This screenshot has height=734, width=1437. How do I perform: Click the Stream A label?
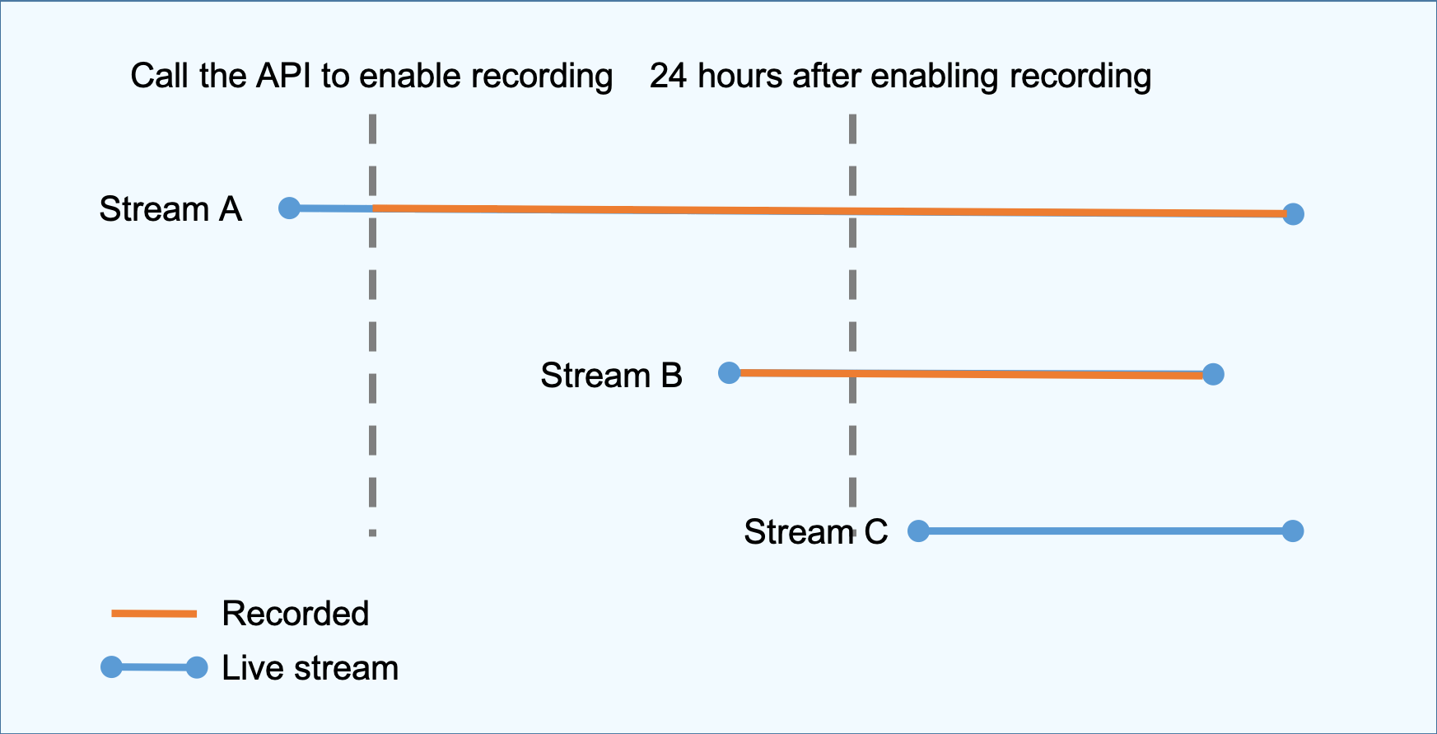(x=170, y=209)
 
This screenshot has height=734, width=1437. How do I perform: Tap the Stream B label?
(x=612, y=376)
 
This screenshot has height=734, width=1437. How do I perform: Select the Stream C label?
(x=816, y=532)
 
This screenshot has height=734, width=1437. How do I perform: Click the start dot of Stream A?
(x=289, y=208)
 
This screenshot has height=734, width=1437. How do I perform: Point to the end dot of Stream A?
(x=1294, y=214)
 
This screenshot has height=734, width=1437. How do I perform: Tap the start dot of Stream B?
(x=730, y=373)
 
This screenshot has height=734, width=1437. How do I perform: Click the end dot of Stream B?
(x=1213, y=375)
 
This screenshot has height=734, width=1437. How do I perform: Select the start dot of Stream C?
(x=918, y=531)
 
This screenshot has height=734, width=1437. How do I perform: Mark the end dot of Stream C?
(x=1294, y=531)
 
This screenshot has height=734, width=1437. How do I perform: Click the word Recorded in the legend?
(x=296, y=614)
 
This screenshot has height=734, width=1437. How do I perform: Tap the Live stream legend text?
(x=310, y=668)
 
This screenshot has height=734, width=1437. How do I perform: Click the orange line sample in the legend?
(x=154, y=614)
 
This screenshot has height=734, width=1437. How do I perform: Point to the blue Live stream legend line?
(x=154, y=667)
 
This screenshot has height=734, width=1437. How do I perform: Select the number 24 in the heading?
(x=669, y=76)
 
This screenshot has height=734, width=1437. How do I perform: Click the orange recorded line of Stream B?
(x=972, y=374)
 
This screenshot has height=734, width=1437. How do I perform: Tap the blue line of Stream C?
(x=1106, y=531)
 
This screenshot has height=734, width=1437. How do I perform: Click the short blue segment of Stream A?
(x=331, y=208)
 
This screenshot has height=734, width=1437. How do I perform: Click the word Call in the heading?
(x=160, y=76)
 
